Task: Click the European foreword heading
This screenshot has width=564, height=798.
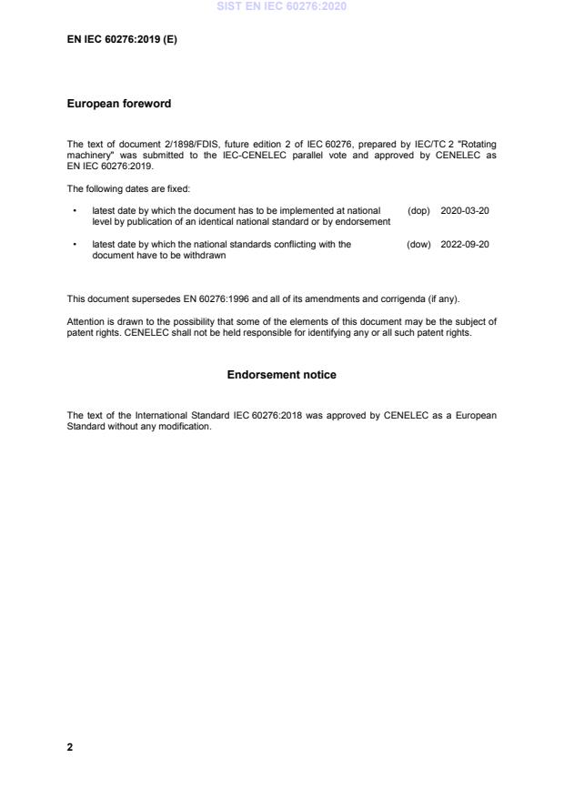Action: pyautogui.click(x=118, y=104)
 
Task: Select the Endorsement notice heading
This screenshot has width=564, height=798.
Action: pyautogui.click(x=281, y=375)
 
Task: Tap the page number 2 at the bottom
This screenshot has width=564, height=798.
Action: pyautogui.click(x=70, y=747)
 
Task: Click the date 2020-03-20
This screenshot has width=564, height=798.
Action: pyautogui.click(x=465, y=210)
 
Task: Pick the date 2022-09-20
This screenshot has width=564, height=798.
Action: pyautogui.click(x=465, y=244)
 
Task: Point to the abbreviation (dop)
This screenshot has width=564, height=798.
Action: pyautogui.click(x=418, y=210)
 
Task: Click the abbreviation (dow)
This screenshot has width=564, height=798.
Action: pyautogui.click(x=418, y=244)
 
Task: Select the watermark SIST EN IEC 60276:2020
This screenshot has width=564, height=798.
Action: pyautogui.click(x=281, y=7)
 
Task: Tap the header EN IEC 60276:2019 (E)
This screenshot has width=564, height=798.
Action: pyautogui.click(x=121, y=40)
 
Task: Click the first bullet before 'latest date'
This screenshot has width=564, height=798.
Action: pyautogui.click(x=73, y=210)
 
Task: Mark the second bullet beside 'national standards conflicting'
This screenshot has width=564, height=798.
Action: pyautogui.click(x=73, y=244)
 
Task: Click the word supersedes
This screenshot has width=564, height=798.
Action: pyautogui.click(x=137, y=298)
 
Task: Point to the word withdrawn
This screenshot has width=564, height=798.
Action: pyautogui.click(x=208, y=256)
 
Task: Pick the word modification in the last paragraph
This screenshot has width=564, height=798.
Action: pyautogui.click(x=189, y=428)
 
